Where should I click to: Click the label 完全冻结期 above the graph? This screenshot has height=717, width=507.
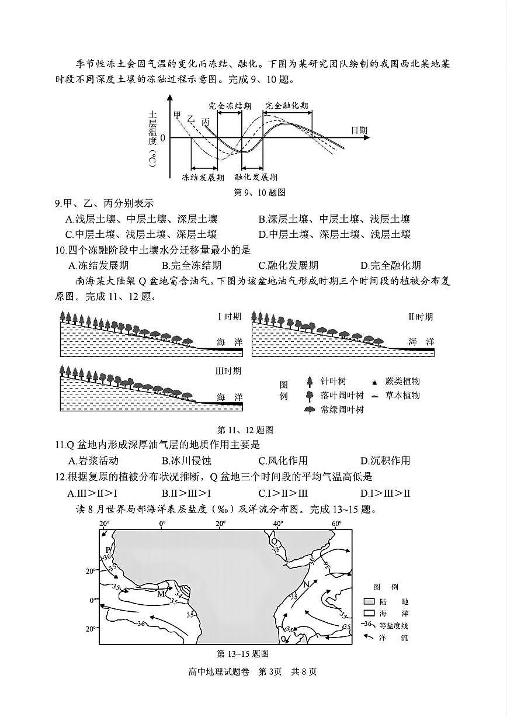click(230, 106)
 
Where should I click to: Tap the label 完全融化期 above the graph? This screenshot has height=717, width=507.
click(286, 106)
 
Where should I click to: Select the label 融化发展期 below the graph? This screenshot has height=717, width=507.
click(256, 176)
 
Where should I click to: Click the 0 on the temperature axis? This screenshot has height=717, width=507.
click(163, 138)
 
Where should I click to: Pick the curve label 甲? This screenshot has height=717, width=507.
click(177, 115)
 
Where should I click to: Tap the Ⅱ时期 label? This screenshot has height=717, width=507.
click(421, 316)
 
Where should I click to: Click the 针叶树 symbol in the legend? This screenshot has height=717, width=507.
click(310, 382)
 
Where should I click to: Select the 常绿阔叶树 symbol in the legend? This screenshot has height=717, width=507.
click(310, 410)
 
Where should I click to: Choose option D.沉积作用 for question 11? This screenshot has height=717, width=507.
click(386, 460)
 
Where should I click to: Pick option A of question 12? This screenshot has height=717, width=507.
click(93, 493)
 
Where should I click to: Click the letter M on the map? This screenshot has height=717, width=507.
click(161, 594)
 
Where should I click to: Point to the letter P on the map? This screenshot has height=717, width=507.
click(108, 550)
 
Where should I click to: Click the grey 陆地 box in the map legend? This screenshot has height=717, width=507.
click(369, 601)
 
